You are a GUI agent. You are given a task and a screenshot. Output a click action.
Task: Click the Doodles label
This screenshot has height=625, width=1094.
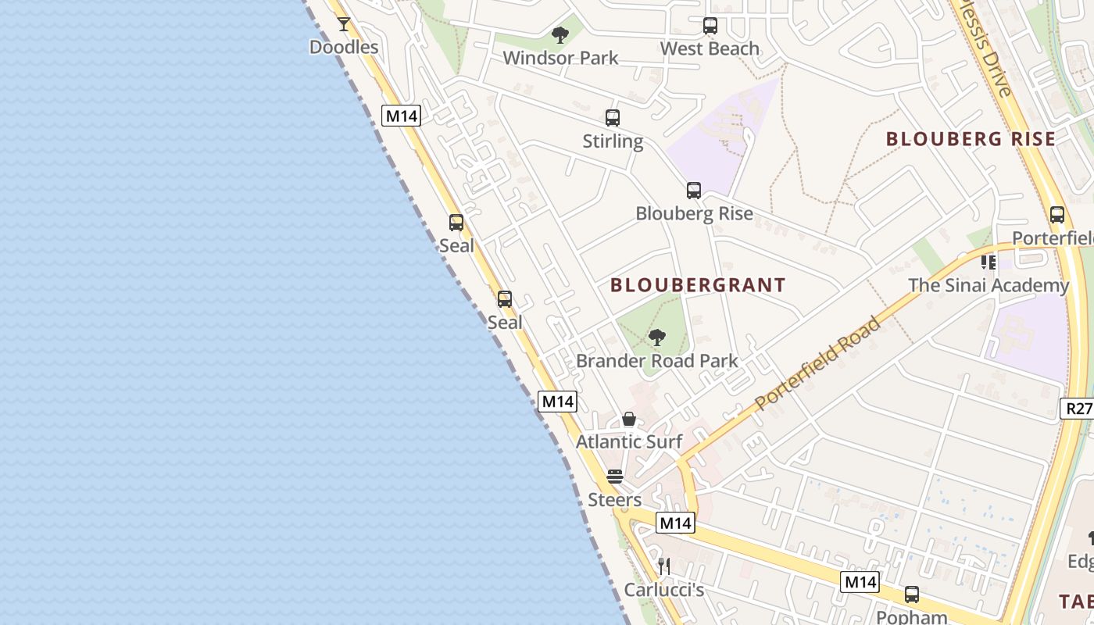(x=344, y=47)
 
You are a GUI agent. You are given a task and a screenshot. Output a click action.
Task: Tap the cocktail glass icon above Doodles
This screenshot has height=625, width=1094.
(x=344, y=24)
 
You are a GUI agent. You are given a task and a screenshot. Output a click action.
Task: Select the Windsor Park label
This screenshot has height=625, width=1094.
(x=560, y=58)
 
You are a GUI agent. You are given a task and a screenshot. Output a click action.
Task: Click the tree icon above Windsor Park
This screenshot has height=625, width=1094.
(x=560, y=35)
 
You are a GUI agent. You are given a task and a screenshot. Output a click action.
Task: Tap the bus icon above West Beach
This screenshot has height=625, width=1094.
(x=710, y=26)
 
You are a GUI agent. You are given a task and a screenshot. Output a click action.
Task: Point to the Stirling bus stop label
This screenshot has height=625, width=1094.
(x=613, y=141)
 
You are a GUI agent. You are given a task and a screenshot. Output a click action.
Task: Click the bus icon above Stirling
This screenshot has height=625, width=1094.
(x=613, y=118)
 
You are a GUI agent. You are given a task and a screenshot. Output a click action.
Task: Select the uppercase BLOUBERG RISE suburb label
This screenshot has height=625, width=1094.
(x=971, y=139)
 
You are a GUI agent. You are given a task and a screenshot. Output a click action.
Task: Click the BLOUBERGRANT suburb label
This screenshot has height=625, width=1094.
(x=698, y=285)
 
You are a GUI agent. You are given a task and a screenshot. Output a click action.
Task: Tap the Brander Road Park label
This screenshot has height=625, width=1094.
(x=657, y=361)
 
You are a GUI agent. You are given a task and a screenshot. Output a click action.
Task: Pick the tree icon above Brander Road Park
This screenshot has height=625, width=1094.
(x=657, y=337)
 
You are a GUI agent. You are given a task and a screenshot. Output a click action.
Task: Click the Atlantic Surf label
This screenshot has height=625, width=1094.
(x=629, y=441)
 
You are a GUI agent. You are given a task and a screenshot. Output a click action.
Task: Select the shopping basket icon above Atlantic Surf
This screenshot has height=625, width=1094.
(x=629, y=420)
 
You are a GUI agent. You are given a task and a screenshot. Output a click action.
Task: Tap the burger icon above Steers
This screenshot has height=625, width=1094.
(x=615, y=477)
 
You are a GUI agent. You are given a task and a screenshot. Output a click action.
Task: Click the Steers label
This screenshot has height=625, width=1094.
(x=615, y=500)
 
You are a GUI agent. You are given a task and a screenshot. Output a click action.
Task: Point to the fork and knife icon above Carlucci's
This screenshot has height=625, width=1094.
(x=664, y=566)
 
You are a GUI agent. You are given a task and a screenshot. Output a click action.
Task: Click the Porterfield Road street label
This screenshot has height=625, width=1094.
(x=818, y=363)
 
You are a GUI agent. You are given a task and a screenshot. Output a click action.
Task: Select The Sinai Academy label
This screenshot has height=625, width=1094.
(x=988, y=285)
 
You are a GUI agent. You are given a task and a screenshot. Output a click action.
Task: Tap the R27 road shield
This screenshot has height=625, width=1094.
(x=1078, y=408)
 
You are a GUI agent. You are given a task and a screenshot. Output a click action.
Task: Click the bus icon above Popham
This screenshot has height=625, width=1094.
(x=912, y=595)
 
